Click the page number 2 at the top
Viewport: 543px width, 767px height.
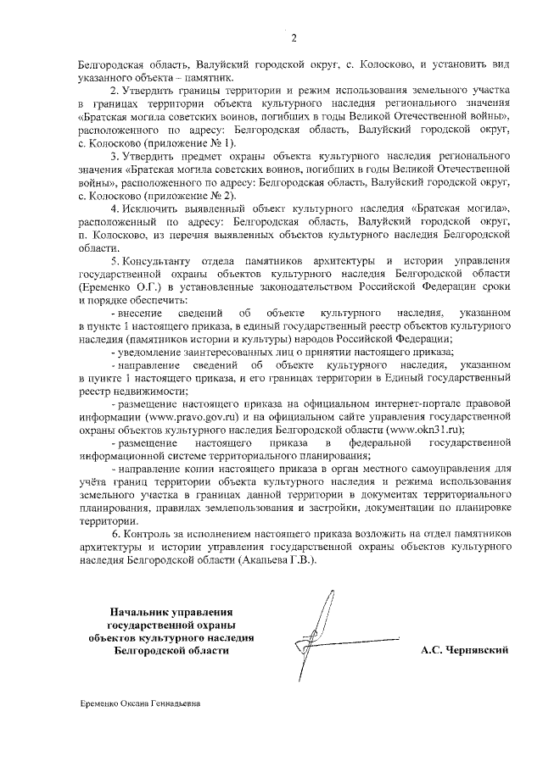coord(294,37)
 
